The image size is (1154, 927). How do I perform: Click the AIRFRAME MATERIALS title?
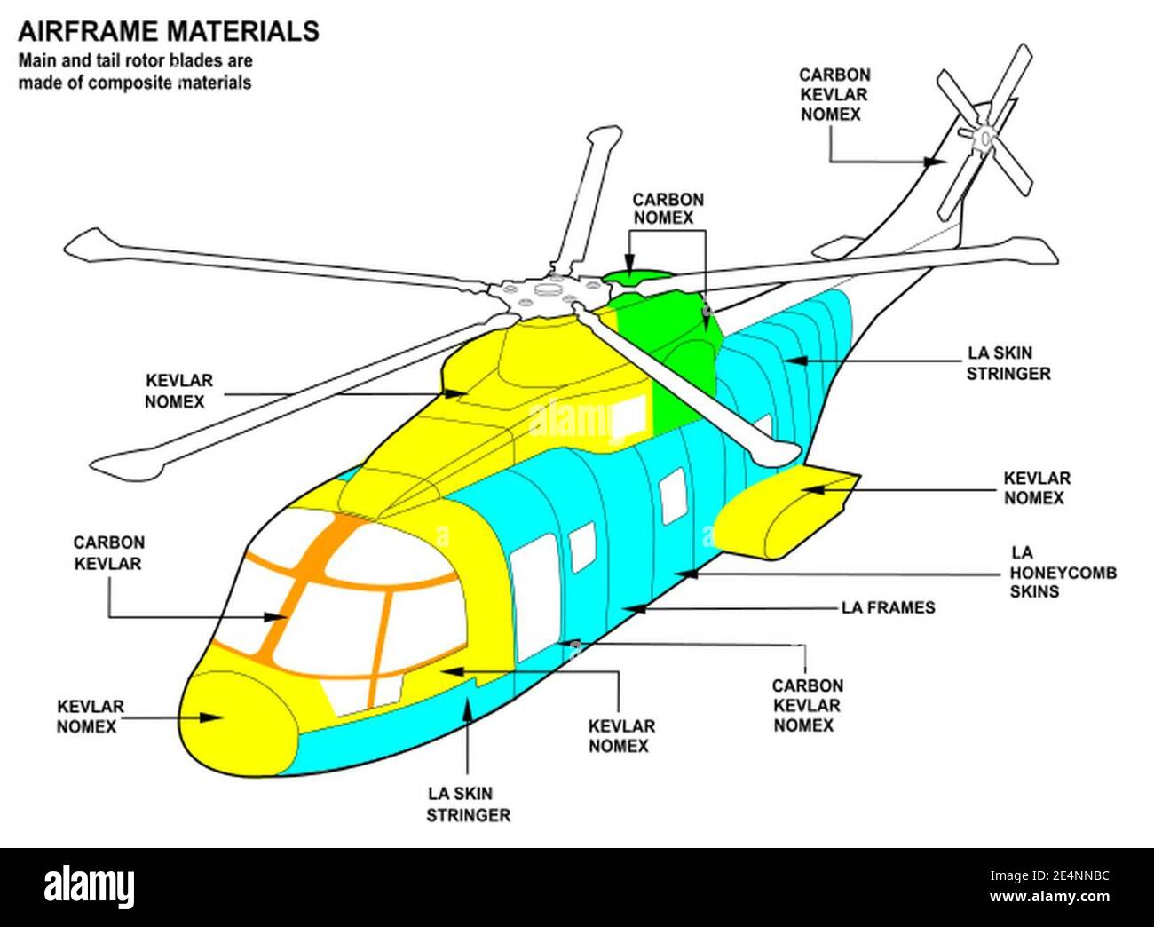click(168, 31)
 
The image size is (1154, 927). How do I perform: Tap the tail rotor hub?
click(984, 139)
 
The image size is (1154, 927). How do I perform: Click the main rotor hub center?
click(542, 293)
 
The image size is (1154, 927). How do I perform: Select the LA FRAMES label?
click(888, 608)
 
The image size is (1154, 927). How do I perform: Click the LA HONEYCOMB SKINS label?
click(1063, 573)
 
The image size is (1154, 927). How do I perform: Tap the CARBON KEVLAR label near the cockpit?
click(108, 552)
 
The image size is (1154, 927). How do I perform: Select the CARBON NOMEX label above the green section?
click(668, 209)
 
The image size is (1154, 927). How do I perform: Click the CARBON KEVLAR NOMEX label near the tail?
click(834, 95)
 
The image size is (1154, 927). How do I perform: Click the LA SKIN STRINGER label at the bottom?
click(468, 804)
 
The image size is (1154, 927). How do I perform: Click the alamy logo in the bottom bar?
click(89, 886)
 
